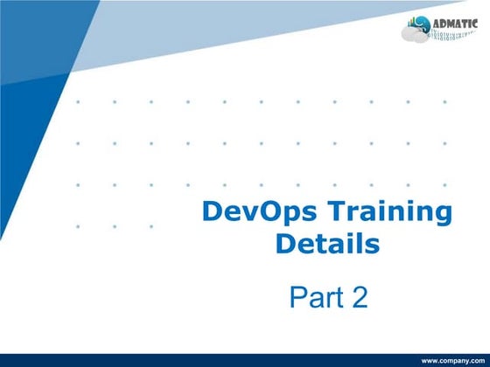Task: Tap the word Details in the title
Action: click(x=327, y=244)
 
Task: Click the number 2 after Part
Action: click(x=359, y=297)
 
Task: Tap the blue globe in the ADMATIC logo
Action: click(x=421, y=25)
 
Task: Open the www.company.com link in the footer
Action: click(x=453, y=361)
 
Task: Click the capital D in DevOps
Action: click(x=212, y=212)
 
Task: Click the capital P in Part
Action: click(x=298, y=297)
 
